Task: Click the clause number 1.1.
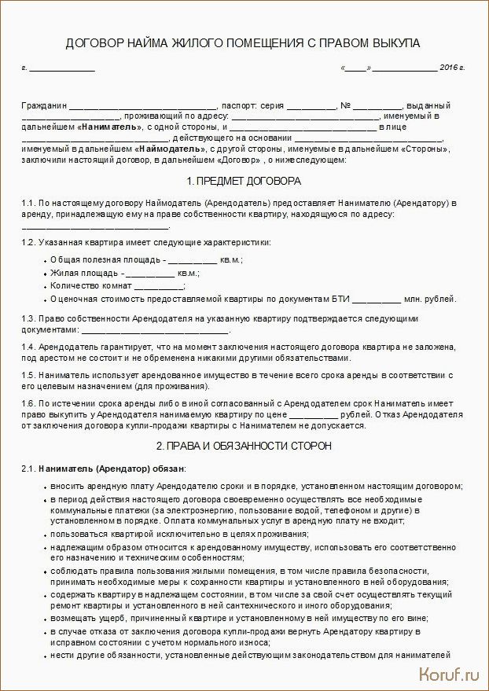pos(28,203)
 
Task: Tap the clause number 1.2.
pos(28,242)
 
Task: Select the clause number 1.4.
pos(28,347)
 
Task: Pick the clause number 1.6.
pos(28,402)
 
